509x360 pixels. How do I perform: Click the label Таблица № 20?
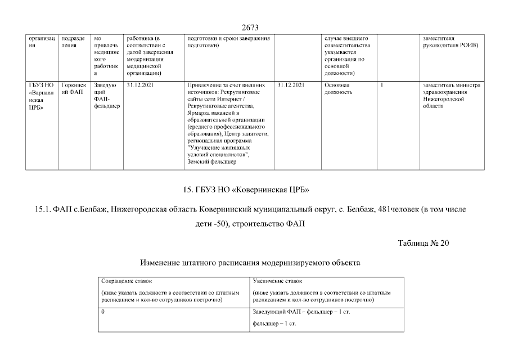[423, 243]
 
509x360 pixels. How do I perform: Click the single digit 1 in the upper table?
[382, 85]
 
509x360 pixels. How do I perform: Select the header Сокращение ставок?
[127, 280]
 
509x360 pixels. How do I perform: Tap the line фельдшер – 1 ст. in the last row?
[274, 325]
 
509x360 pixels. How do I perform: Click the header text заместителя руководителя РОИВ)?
[451, 42]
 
